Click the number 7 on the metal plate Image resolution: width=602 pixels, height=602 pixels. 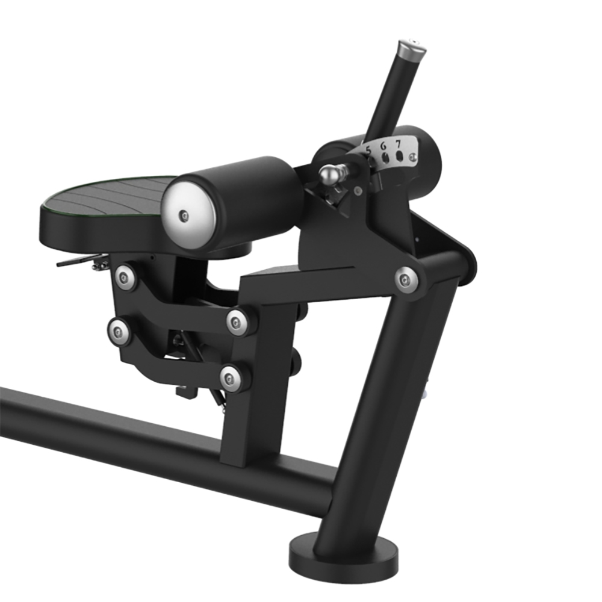(x=398, y=144)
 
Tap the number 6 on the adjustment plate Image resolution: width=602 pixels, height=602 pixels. (x=383, y=146)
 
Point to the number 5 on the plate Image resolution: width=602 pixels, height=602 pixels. (x=368, y=150)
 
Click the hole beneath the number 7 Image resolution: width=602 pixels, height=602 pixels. (x=400, y=156)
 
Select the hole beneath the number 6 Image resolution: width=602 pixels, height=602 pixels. (x=386, y=157)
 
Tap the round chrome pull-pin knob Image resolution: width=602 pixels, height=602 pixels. (x=329, y=174)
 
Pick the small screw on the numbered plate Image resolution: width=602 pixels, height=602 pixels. (x=413, y=157)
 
